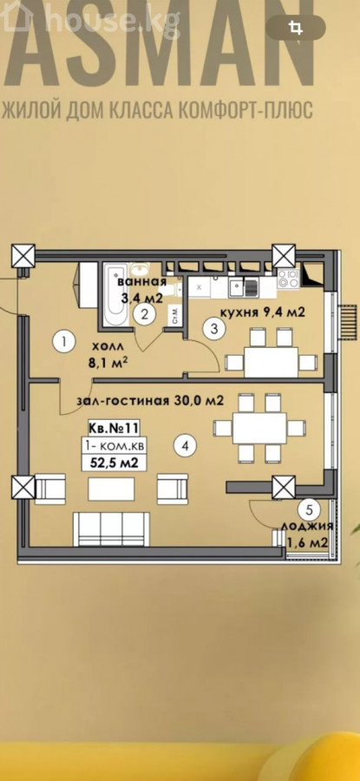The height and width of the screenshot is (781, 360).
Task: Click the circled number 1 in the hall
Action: pyautogui.click(x=64, y=342)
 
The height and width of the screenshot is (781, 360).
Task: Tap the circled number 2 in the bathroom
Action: pyautogui.click(x=144, y=314)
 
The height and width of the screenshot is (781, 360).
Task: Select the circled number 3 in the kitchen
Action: pyautogui.click(x=214, y=329)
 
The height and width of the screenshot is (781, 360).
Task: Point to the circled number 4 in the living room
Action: pyautogui.click(x=186, y=446)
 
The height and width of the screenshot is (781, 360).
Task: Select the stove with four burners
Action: pyautogui.click(x=288, y=278)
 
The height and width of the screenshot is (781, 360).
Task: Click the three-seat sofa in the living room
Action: pyautogui.click(x=112, y=528)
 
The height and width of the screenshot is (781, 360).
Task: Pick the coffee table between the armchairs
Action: pyautogui.click(x=111, y=489)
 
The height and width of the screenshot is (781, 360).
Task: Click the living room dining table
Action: pyautogui.click(x=259, y=428)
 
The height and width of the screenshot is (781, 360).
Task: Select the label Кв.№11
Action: pyautogui.click(x=114, y=427)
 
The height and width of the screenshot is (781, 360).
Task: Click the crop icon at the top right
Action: pyautogui.click(x=296, y=28)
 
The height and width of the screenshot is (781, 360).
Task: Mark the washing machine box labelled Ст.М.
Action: pyautogui.click(x=175, y=316)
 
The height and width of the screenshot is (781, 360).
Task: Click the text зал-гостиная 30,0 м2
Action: pyautogui.click(x=149, y=400)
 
